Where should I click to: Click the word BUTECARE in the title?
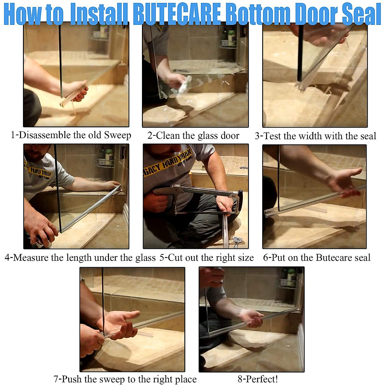(177, 14)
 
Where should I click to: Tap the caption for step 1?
(71, 135)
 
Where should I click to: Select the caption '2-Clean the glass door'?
(193, 136)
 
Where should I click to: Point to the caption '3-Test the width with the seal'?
(315, 136)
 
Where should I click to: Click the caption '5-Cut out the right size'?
(207, 258)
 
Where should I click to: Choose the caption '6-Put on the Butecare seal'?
(317, 258)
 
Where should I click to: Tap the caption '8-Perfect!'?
(258, 379)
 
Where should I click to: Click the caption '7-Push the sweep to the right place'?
(125, 379)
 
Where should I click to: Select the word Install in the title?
(99, 14)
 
